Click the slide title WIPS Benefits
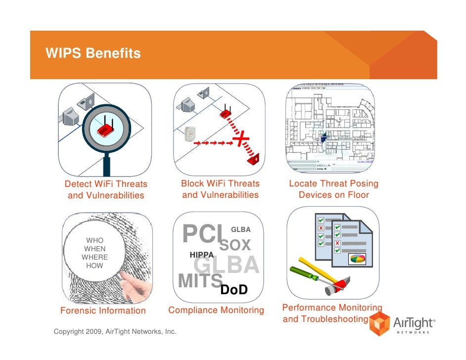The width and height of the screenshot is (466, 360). click(93, 53)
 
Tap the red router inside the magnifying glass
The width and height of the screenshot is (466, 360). click(105, 130)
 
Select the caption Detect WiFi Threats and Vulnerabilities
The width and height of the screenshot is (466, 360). click(106, 189)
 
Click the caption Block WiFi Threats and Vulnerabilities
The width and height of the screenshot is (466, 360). click(220, 189)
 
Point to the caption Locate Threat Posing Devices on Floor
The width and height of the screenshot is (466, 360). click(333, 189)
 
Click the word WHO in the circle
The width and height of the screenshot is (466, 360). click(94, 240)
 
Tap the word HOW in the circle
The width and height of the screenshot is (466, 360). click(94, 266)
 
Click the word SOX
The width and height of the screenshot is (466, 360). click(235, 245)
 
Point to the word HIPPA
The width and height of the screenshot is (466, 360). click(202, 255)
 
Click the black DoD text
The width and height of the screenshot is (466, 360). click(233, 290)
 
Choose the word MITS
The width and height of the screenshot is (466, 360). click(199, 280)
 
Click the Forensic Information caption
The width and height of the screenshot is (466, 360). click(103, 311)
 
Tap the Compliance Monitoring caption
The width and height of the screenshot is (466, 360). click(216, 310)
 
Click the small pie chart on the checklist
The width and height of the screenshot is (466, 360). click(356, 258)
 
